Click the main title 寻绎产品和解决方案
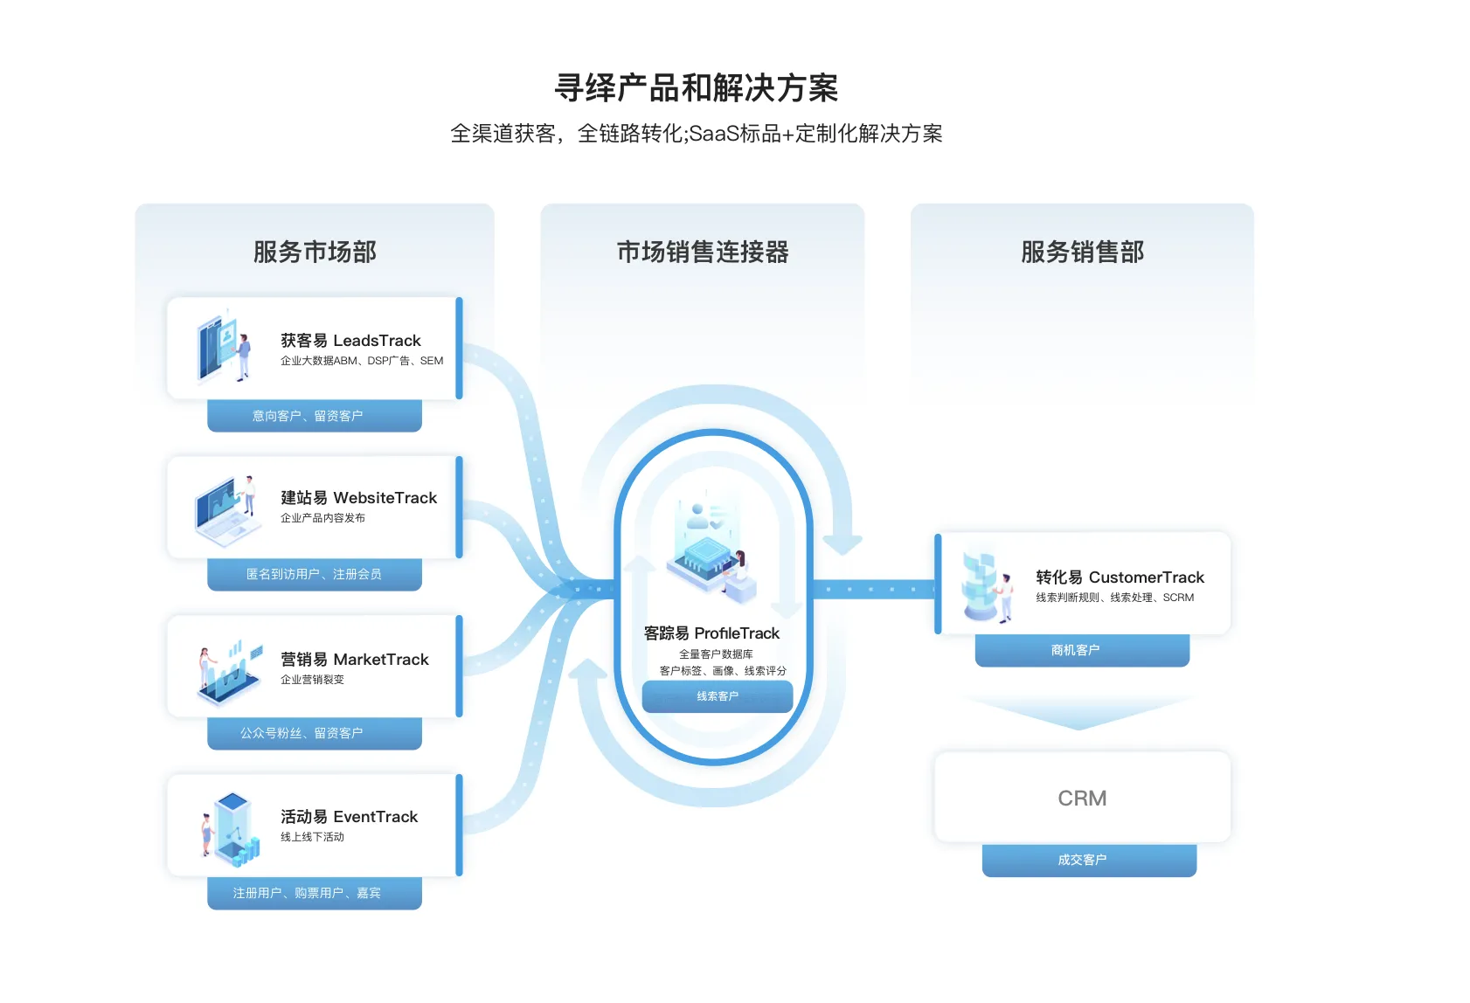pos(697,88)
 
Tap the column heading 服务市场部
pos(315,252)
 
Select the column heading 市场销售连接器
pos(703,252)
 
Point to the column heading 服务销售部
pos(1082,252)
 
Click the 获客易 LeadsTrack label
pos(350,341)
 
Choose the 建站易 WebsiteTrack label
pos(358,498)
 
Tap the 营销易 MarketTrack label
pos(354,660)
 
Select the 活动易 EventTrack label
pos(349,817)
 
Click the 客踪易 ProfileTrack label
pos(711,633)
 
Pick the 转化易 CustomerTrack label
pos(1120,578)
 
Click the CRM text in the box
pos(1082,799)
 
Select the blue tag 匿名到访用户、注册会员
pos(315,574)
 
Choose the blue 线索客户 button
pos(718,696)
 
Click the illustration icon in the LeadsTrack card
pos(224,348)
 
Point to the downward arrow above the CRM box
pos(1078,713)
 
